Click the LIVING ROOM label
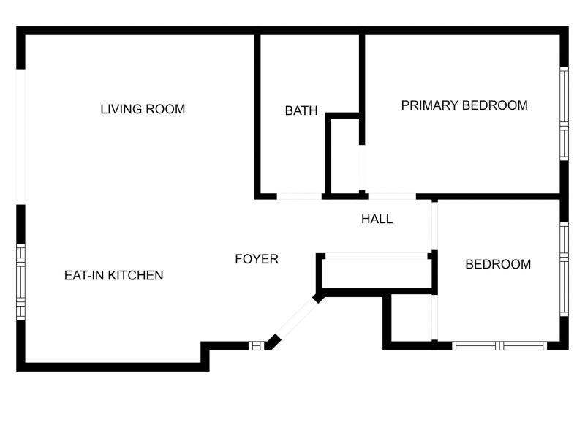143,109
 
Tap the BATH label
301,110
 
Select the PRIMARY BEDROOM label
464,105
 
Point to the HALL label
377,219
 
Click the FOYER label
257,259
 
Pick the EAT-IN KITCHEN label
114,276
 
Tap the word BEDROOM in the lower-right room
498,264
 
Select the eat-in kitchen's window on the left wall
21,282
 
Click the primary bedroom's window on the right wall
564,114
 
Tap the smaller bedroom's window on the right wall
564,269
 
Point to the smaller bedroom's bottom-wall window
499,345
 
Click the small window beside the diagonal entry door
257,345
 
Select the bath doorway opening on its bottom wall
299,196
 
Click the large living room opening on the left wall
21,137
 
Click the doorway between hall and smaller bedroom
434,226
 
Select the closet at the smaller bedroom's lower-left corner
412,318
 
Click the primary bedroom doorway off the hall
392,196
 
